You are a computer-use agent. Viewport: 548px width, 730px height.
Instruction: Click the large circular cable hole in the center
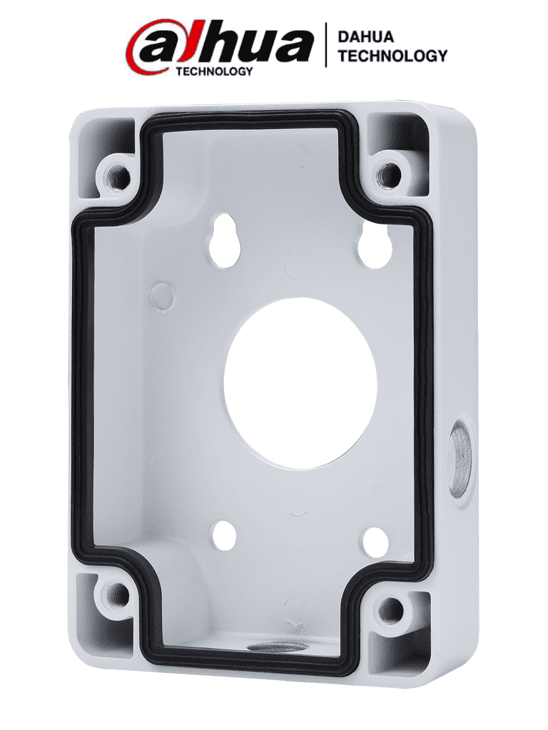(x=300, y=384)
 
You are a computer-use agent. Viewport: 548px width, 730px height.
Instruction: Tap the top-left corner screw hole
(x=118, y=175)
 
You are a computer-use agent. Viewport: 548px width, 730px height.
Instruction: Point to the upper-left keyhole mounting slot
(x=226, y=240)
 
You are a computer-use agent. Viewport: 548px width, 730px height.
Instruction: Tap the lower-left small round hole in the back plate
(x=224, y=535)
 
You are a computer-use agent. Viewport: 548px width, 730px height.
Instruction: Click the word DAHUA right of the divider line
(x=365, y=36)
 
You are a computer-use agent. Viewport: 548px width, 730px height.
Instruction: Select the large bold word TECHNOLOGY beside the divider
(x=392, y=56)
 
